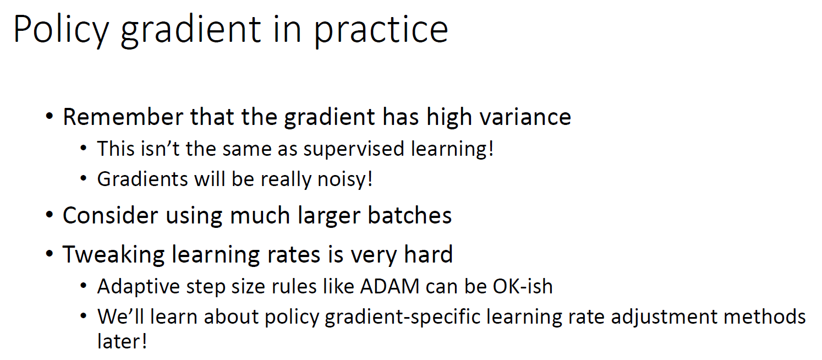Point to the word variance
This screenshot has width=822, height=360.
(518, 117)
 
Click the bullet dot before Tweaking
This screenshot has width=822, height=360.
(50, 255)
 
